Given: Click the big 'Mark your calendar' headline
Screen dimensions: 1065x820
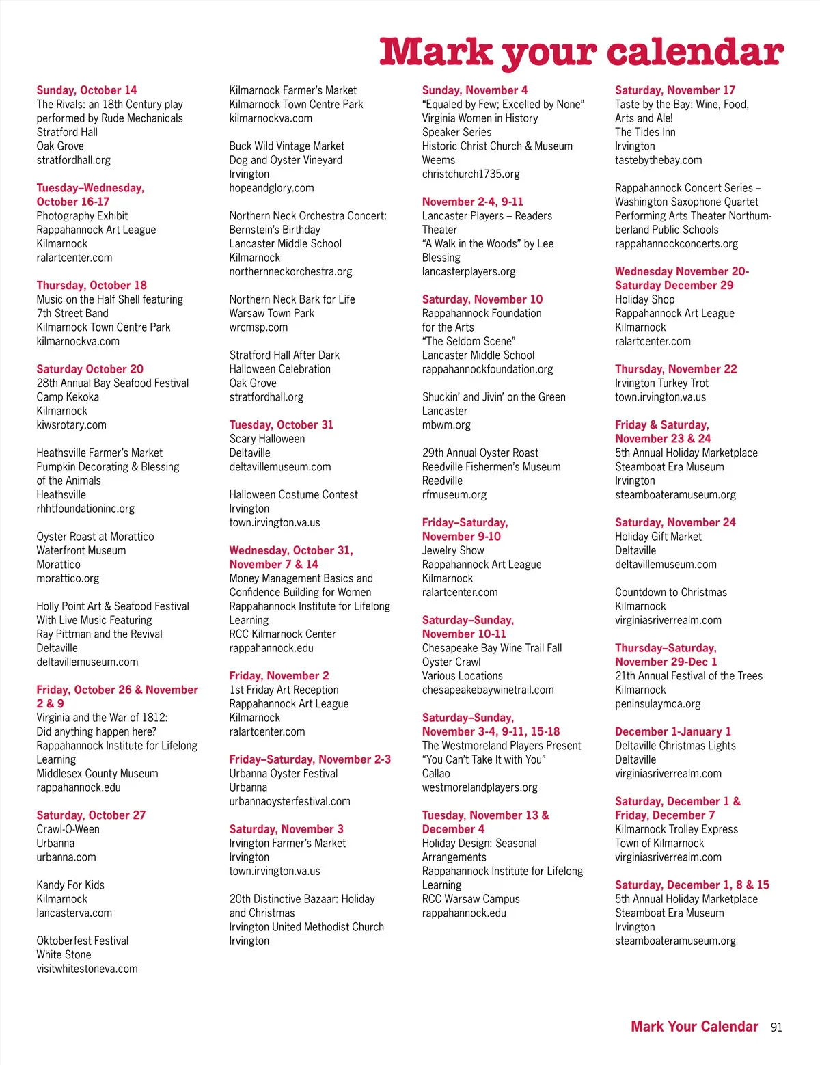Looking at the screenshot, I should (582, 52).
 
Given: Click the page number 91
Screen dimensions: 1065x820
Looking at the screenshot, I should (776, 1027).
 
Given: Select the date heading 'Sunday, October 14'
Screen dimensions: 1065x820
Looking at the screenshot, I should (87, 90).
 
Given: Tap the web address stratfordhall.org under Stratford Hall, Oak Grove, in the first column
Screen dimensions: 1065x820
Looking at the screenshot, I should (74, 160).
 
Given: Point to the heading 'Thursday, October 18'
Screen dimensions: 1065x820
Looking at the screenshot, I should (92, 285).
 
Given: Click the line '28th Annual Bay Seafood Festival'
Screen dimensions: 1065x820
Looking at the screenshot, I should (113, 383).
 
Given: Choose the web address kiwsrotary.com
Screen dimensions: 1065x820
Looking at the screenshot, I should (72, 424).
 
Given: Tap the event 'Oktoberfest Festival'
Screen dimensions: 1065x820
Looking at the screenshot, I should (83, 941).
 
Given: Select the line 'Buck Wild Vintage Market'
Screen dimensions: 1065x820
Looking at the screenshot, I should (287, 146).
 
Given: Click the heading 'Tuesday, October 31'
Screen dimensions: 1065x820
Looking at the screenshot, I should (282, 424).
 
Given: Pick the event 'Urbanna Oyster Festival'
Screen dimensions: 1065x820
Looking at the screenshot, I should (284, 773).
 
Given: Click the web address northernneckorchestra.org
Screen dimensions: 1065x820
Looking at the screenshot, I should (291, 271).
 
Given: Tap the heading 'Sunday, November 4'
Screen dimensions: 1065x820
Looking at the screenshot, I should (475, 90).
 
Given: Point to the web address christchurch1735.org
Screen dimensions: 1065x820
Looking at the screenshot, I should (471, 174).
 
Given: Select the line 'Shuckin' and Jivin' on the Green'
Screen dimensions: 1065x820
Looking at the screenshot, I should (494, 396).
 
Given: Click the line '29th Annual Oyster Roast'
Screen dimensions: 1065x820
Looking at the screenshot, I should (480, 453).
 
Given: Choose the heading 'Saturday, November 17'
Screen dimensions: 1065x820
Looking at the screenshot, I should (675, 90).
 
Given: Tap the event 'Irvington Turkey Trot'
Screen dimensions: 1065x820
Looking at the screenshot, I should (661, 383).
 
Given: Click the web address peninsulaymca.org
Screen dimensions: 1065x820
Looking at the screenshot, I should (658, 703).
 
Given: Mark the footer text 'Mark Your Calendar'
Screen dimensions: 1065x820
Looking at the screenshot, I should (694, 1027).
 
